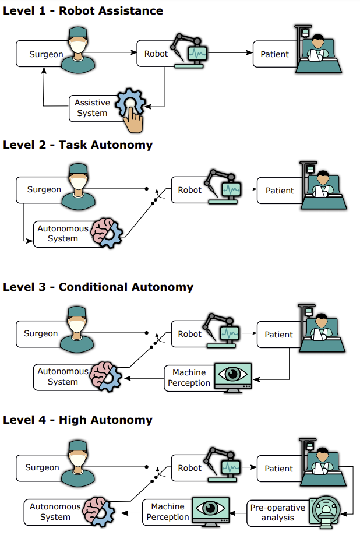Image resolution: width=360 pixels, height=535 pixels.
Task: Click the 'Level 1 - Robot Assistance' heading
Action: pyautogui.click(x=83, y=10)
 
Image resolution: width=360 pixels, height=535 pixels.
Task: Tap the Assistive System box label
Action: pyautogui.click(x=92, y=108)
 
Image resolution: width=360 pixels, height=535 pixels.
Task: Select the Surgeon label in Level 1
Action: pyautogui.click(x=46, y=54)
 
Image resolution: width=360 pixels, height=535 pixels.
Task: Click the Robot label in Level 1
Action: pyautogui.click(x=156, y=54)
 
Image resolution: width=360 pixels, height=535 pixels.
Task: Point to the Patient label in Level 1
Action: pyautogui.click(x=274, y=54)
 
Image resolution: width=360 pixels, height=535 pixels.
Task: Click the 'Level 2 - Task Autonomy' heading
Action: pyautogui.click(x=77, y=145)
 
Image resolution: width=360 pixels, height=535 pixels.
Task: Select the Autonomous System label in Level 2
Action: pyautogui.click(x=63, y=233)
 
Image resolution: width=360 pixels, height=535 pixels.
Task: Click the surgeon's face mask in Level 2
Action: pyautogui.click(x=79, y=184)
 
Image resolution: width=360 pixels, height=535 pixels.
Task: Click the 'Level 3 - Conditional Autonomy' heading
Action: pyautogui.click(x=98, y=287)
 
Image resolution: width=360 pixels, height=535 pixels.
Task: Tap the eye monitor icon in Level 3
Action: pyautogui.click(x=233, y=378)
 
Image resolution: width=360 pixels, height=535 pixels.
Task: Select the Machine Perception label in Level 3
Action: pyautogui.click(x=189, y=378)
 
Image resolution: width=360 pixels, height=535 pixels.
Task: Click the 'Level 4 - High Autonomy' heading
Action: pyautogui.click(x=77, y=420)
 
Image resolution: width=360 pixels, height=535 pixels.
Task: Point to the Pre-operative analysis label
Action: pyautogui.click(x=277, y=512)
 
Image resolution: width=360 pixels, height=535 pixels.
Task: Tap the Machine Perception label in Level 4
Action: pyautogui.click(x=167, y=512)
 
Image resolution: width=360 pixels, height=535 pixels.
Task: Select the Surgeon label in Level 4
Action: pyautogui.click(x=42, y=467)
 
